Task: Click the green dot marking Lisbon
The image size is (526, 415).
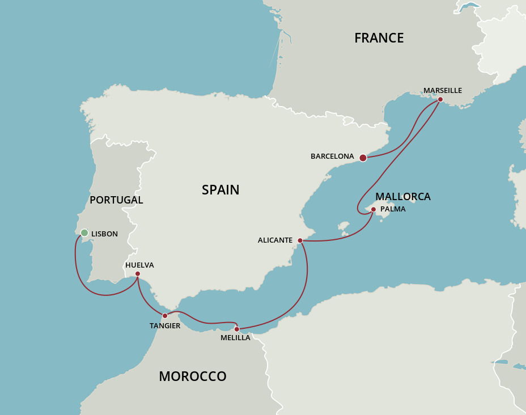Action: [x=84, y=232]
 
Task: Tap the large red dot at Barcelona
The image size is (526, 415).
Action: [x=363, y=158]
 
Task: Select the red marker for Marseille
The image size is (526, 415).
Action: [x=440, y=99]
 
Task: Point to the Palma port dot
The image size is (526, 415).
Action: [x=373, y=209]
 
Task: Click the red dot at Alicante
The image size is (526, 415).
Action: [x=300, y=240]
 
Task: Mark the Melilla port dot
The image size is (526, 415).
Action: [x=236, y=329]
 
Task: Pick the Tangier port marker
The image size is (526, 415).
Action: [x=165, y=315]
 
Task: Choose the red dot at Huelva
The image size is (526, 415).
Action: [x=138, y=274]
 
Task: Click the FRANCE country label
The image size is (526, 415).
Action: [x=379, y=38]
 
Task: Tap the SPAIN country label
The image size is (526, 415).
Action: [x=220, y=190]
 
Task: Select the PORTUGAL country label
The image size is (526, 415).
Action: [x=116, y=200]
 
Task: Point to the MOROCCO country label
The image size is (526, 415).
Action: [x=192, y=376]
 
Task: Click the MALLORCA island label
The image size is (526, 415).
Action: [x=402, y=197]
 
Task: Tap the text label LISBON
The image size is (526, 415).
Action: [x=104, y=234]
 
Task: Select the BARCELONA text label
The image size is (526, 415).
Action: [x=332, y=156]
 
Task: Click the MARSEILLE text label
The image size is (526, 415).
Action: [x=443, y=90]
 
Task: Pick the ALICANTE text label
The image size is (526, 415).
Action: [x=275, y=240]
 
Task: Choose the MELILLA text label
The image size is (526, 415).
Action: [x=235, y=338]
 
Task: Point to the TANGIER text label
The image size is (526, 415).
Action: [x=165, y=325]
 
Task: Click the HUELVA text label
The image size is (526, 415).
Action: [x=139, y=265]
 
